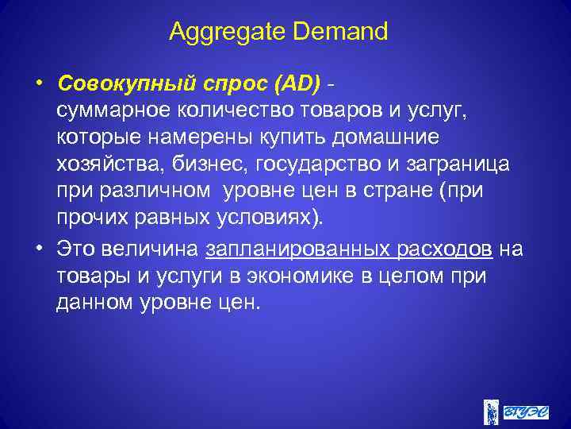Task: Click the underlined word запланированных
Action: point(296,249)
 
